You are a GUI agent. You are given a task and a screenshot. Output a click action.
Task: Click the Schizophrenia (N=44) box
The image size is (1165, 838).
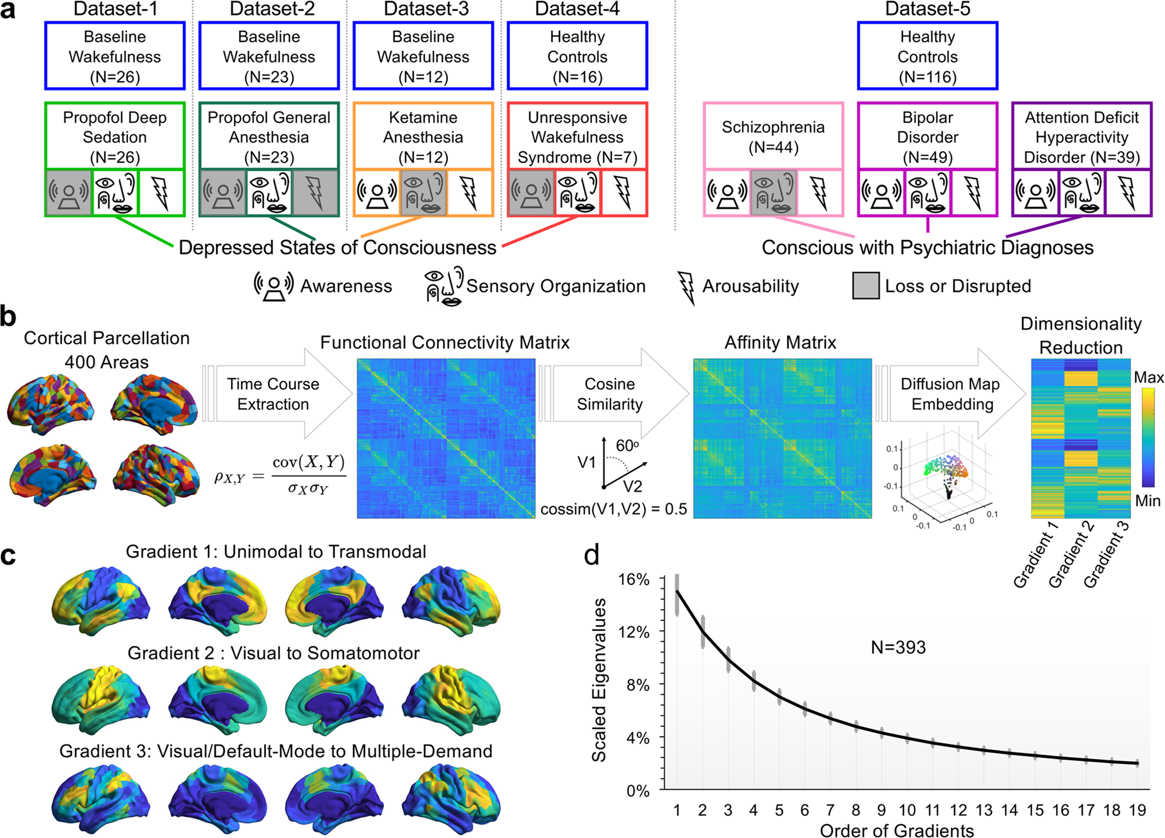773,136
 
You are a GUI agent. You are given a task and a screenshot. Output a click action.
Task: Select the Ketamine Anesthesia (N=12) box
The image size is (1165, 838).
423,136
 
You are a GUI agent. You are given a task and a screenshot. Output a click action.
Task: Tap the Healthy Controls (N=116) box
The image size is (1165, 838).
927,56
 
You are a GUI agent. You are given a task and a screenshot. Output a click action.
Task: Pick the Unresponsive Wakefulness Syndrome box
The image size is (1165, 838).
577,136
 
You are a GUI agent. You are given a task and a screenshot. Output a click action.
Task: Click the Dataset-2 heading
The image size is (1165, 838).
272,9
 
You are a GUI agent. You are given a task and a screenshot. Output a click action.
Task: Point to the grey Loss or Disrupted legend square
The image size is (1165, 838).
866,285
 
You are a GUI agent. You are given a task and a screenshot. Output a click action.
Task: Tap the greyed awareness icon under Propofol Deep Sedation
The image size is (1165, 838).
69,193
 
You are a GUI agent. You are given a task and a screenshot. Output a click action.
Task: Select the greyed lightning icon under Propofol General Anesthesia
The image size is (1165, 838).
316,193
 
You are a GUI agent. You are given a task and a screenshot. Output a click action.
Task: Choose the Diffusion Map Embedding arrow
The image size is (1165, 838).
951,394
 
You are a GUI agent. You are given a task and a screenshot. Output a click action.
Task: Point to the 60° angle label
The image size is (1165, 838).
627,446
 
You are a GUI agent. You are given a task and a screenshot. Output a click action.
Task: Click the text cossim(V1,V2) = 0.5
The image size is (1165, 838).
613,509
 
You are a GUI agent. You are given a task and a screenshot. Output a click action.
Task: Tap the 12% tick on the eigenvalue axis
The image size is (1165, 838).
633,632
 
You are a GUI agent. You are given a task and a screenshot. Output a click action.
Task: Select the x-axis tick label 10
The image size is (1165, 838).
907,810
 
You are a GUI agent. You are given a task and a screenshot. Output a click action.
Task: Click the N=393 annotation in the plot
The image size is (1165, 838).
898,647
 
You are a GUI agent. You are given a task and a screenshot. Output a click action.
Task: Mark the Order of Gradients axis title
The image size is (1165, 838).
897,830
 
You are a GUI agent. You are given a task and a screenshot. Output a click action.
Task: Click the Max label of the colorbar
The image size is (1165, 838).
1149,377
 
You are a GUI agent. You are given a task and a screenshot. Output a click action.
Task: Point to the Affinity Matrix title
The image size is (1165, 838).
780,343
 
